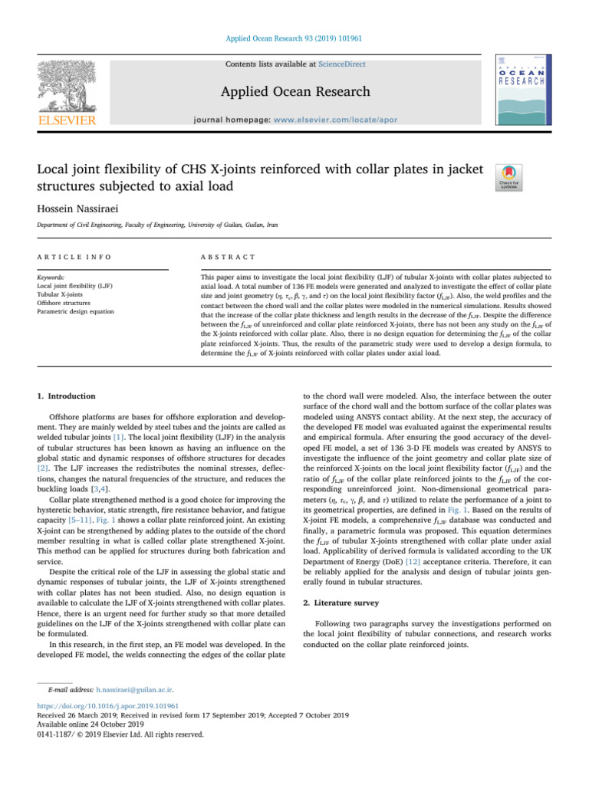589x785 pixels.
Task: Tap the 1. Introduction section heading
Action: (x=67, y=396)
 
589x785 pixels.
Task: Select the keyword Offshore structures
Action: (x=64, y=302)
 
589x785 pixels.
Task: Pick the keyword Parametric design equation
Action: (x=76, y=311)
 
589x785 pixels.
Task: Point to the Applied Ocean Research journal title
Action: (x=294, y=93)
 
